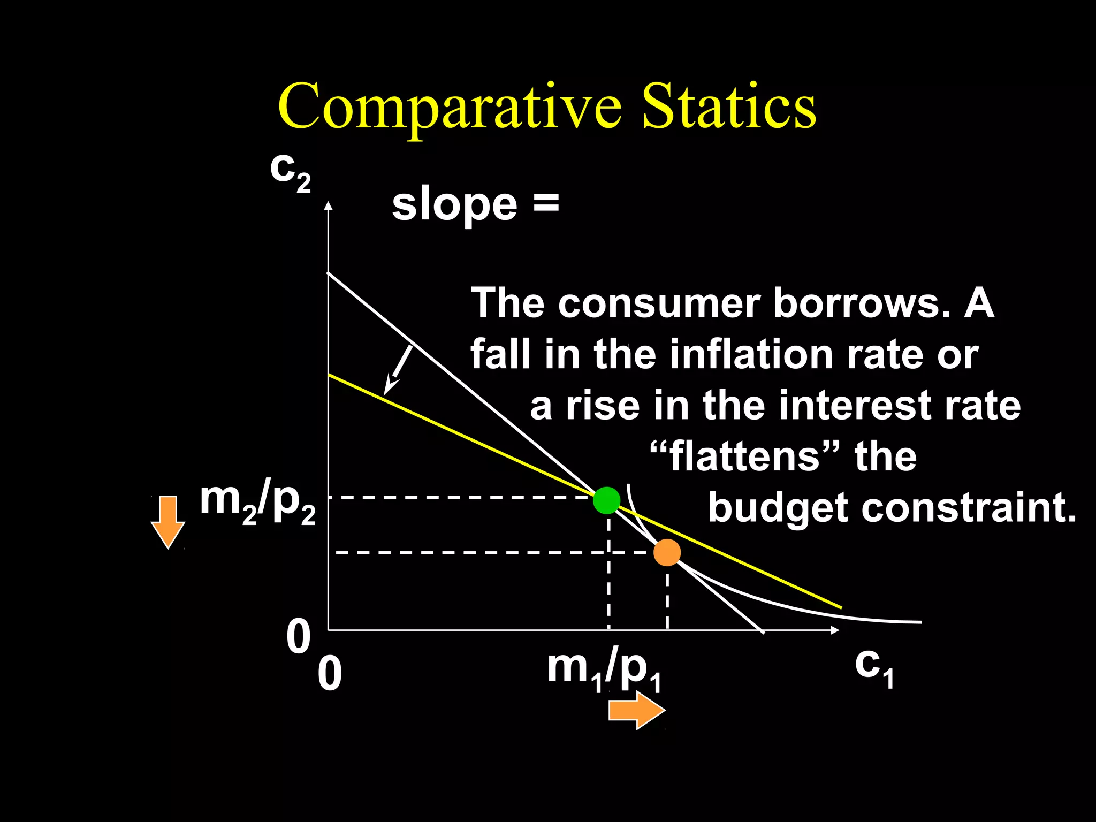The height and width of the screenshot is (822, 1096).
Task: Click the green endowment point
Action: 606,500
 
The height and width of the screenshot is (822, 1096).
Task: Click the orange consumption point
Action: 667,552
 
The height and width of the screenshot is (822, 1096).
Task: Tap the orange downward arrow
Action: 168,522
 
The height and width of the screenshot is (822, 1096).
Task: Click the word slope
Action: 454,205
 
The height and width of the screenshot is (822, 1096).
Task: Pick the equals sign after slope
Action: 546,204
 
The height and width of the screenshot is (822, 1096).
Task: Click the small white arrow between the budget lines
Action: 398,370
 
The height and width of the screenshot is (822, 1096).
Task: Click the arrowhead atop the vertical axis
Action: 329,206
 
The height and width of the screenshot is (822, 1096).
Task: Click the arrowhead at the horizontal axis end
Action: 835,630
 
